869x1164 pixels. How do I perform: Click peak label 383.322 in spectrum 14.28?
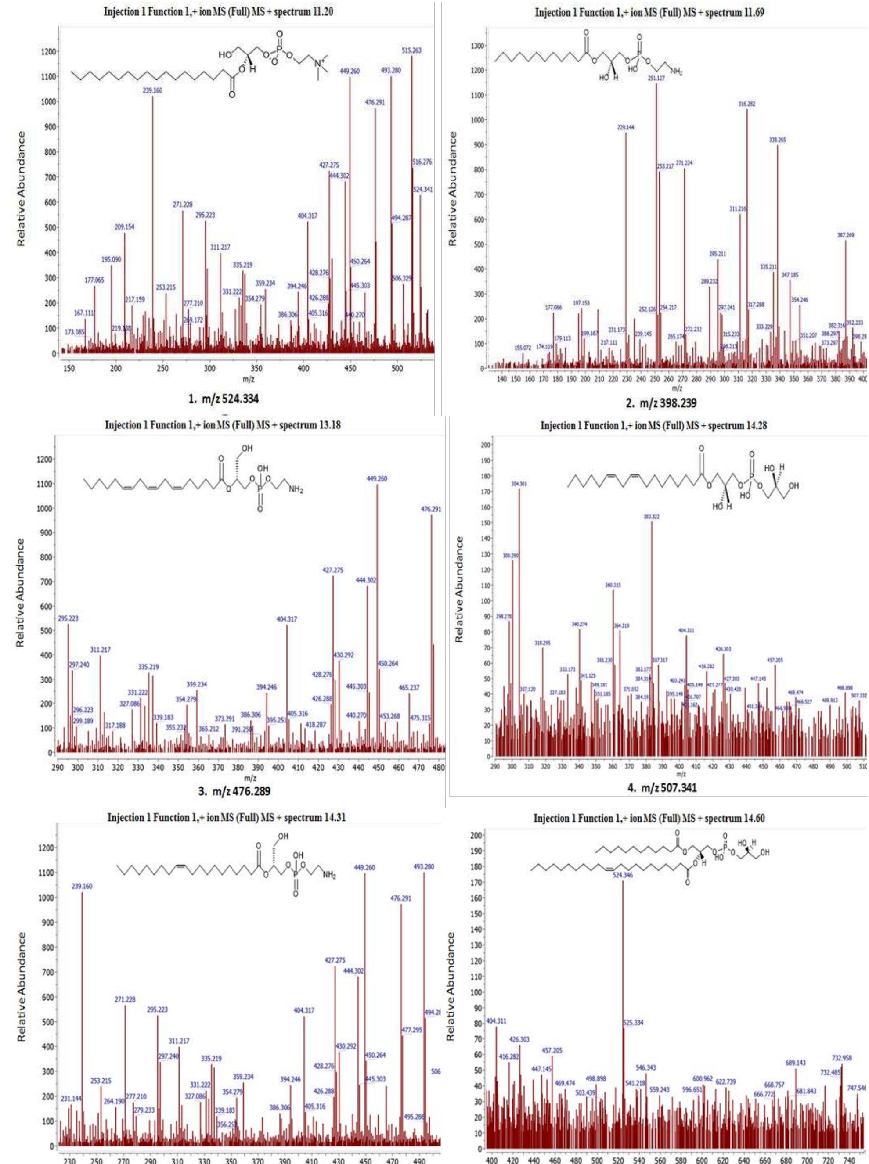tap(651, 517)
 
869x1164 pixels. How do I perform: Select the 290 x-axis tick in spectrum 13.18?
tap(58, 768)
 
